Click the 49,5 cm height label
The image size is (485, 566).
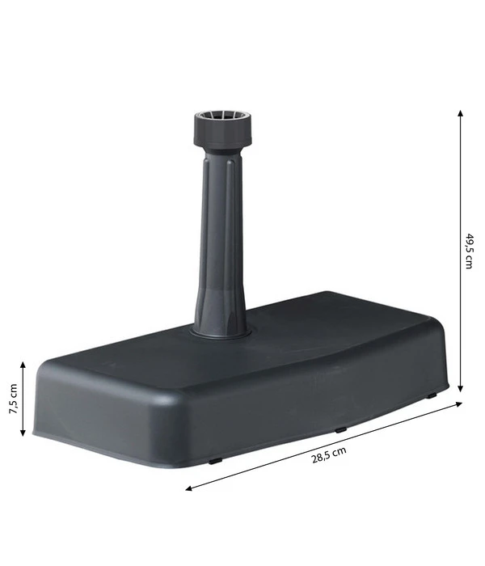point(468,251)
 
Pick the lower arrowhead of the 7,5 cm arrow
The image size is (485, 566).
point(23,433)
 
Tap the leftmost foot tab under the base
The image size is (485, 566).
point(213,461)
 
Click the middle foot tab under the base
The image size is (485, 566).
point(340,429)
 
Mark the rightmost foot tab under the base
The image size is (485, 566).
point(432,395)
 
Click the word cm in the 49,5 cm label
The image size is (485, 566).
point(468,264)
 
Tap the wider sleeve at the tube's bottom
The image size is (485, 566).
point(219,307)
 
